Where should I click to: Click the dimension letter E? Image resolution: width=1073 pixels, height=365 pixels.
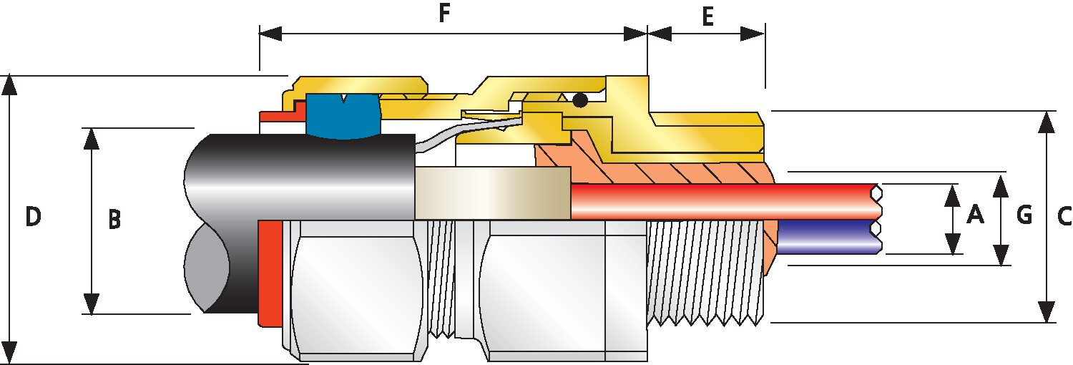tap(707, 17)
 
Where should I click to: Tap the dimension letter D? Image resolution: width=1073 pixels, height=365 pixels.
tap(33, 216)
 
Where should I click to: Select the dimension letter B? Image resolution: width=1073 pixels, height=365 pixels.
tap(114, 220)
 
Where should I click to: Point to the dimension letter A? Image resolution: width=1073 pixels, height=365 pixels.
tap(974, 213)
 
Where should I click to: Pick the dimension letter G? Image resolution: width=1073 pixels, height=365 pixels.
tap(1024, 213)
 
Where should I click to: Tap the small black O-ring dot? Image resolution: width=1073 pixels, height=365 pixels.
tap(580, 101)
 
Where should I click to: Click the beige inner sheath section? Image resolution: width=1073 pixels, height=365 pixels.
tap(492, 193)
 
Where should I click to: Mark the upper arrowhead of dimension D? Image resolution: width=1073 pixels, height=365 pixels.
tap(9, 84)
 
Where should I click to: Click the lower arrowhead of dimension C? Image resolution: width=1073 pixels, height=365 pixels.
tap(1047, 312)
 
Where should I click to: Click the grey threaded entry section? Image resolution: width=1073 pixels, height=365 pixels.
tap(705, 272)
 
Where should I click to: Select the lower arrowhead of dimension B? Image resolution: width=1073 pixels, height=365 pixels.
tap(92, 303)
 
